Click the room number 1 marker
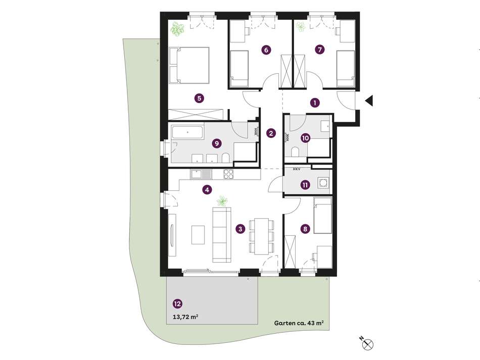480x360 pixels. pyautogui.click(x=315, y=103)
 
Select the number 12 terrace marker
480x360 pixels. pyautogui.click(x=177, y=304)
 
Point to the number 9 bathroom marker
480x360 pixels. pyautogui.click(x=217, y=143)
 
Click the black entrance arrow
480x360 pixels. pyautogui.click(x=369, y=100)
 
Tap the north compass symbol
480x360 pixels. pyautogui.click(x=367, y=343)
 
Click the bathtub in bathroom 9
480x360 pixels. pyautogui.click(x=187, y=133)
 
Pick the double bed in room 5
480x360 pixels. pyautogui.click(x=189, y=65)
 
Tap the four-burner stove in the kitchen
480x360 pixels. pyautogui.click(x=228, y=174)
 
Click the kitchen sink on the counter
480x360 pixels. pyautogui.click(x=201, y=174)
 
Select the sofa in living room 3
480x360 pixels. pyautogui.click(x=222, y=235)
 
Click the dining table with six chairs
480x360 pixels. pyautogui.click(x=262, y=236)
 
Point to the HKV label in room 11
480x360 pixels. pyautogui.click(x=296, y=169)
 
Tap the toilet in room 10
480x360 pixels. pyautogui.click(x=296, y=152)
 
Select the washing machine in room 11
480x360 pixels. pyautogui.click(x=323, y=183)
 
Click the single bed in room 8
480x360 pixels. pyautogui.click(x=323, y=215)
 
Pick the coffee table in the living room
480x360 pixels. pyautogui.click(x=198, y=235)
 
